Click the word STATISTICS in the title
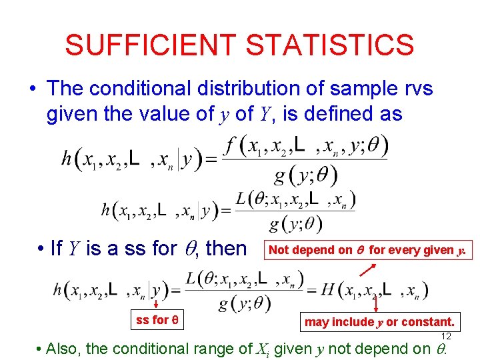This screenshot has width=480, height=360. pyautogui.click(x=329, y=45)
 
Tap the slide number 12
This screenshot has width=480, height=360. pyautogui.click(x=447, y=336)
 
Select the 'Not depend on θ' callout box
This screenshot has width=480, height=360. pyautogui.click(x=369, y=250)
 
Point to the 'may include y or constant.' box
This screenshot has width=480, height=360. pyautogui.click(x=379, y=322)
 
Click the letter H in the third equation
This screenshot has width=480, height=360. pyautogui.click(x=327, y=289)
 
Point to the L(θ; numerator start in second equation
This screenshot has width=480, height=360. pyautogui.click(x=251, y=198)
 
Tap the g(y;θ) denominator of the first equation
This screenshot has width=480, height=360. pyautogui.click(x=305, y=175)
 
